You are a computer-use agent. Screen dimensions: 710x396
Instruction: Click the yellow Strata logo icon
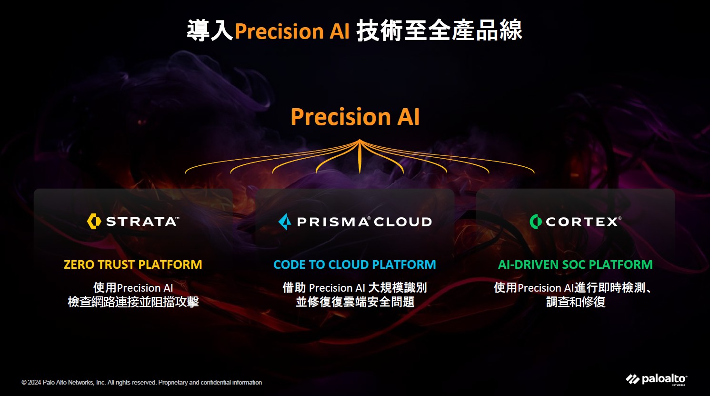coord(94,221)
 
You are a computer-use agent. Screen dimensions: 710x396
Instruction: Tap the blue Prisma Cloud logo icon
coord(285,222)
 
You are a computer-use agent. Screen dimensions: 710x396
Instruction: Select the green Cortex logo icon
coord(536,222)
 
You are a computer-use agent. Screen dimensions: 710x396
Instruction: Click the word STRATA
coord(141,222)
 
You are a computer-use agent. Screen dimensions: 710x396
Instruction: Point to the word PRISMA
coord(332,222)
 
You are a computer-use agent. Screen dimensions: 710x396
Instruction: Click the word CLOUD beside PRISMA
coord(403,222)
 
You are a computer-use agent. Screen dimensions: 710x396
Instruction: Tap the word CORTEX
coord(582,222)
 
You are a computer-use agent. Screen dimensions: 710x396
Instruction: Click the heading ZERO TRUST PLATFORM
coord(133,264)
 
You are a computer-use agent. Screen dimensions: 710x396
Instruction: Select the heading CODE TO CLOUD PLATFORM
coord(355,264)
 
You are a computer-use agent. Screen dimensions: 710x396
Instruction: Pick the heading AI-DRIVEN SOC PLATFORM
coord(575,264)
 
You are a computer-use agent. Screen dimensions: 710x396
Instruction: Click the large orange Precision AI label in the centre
coord(355,116)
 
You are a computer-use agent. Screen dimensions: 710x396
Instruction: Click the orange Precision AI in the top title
coord(292,31)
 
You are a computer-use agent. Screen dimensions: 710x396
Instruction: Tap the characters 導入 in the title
coord(210,30)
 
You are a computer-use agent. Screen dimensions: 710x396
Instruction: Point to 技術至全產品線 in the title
coord(440,30)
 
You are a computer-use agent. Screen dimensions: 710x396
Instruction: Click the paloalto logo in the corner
coord(657,379)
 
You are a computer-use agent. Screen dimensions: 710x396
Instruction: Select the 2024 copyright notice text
coord(142,382)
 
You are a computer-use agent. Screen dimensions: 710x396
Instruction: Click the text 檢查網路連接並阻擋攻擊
coord(133,302)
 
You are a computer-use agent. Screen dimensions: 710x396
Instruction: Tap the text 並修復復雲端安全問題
coord(355,302)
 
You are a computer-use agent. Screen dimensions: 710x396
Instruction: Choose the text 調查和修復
coord(576,302)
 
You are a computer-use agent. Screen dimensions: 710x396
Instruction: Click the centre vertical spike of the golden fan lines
coord(360,156)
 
